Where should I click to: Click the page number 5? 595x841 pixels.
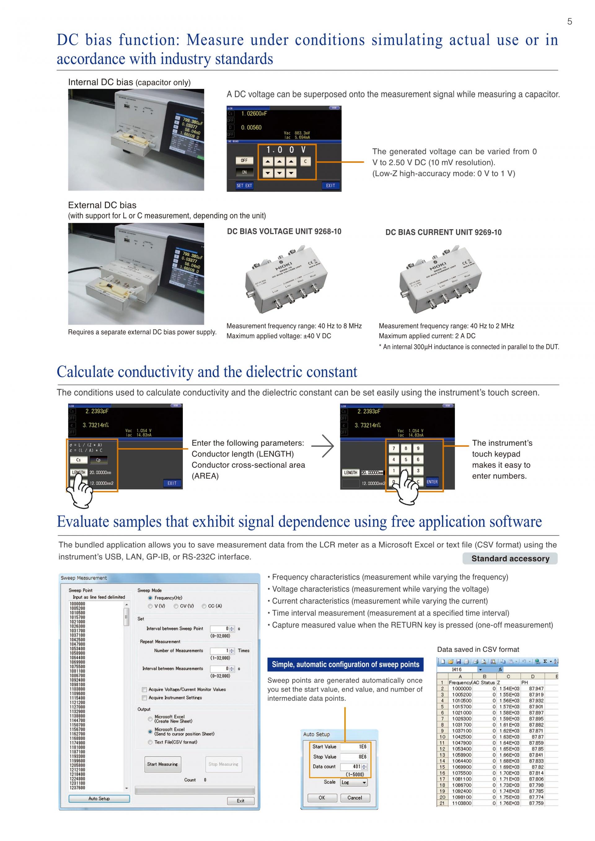point(569,22)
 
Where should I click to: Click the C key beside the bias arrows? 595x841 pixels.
point(305,161)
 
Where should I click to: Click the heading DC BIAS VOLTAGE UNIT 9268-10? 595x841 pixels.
point(284,231)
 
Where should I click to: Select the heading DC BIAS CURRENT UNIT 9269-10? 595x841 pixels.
point(443,232)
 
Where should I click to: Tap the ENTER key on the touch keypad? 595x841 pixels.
point(432,482)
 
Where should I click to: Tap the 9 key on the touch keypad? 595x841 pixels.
point(418,448)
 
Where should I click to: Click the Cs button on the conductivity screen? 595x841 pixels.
point(78,460)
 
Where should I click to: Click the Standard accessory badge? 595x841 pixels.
point(510,558)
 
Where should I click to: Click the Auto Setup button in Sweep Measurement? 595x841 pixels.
point(99,799)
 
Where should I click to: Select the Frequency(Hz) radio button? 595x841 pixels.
point(150,598)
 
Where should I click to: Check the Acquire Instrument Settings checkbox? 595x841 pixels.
point(144,698)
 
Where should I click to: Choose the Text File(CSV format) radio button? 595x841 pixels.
point(150,742)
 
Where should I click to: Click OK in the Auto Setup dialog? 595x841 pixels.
point(322,797)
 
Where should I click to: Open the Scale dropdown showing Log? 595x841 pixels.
point(354,782)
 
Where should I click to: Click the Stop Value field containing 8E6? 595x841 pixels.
point(354,757)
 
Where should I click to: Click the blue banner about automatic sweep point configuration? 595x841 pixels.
point(345,664)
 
